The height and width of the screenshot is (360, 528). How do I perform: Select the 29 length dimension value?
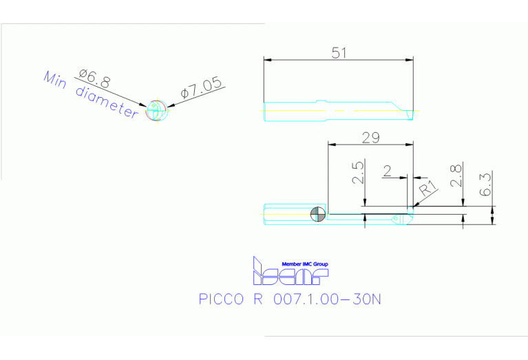pos(370,138)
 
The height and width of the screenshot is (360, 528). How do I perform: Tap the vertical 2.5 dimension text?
pos(357,173)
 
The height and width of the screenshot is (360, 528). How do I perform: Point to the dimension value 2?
pos(388,171)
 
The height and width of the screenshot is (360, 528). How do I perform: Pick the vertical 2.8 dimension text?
pos(456,175)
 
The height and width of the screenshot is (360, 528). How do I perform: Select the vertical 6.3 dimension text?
pos(487,185)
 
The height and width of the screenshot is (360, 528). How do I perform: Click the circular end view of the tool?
pos(156,111)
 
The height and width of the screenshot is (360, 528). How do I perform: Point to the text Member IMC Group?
pos(305,264)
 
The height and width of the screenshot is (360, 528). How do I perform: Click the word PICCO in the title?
pos(220,299)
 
